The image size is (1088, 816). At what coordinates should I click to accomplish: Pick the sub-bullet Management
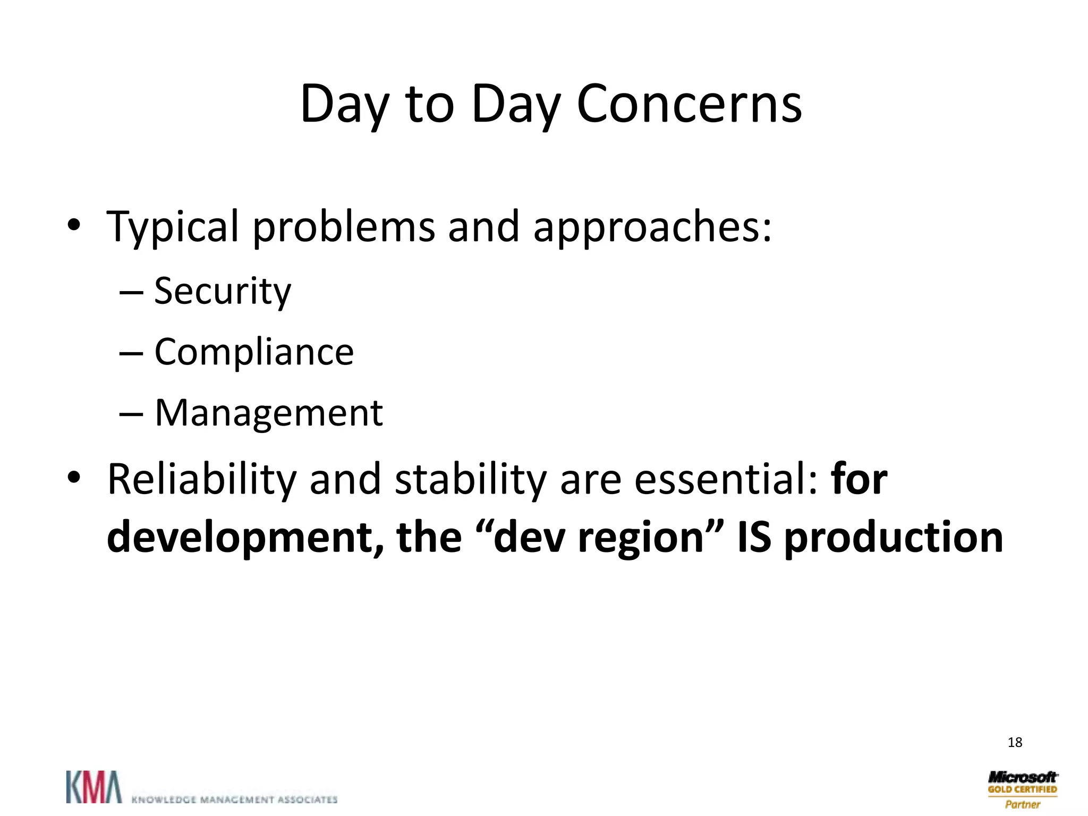tap(268, 413)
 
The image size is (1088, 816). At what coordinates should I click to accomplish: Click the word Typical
tap(173, 227)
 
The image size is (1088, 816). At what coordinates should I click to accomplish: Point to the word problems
tap(343, 227)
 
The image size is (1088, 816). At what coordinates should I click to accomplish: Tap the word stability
tap(471, 479)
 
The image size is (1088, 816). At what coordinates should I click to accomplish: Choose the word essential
tap(720, 479)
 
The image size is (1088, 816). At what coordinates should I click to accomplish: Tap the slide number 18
tap(1015, 742)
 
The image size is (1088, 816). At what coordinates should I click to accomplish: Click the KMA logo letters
tap(93, 787)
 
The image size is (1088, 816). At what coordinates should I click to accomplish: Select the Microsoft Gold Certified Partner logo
tap(1022, 789)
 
